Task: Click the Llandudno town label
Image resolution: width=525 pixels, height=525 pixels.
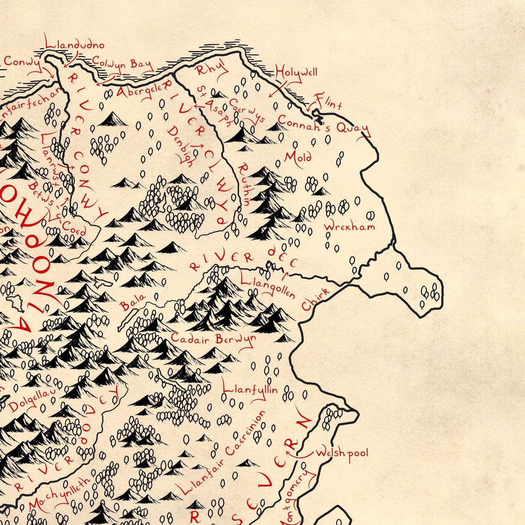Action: click(x=75, y=45)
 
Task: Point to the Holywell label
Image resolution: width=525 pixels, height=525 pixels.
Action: click(x=296, y=73)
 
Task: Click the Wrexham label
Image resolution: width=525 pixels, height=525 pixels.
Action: click(x=349, y=227)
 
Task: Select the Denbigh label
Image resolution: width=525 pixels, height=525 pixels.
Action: click(x=180, y=146)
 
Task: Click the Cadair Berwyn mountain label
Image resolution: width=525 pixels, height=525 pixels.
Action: click(x=213, y=339)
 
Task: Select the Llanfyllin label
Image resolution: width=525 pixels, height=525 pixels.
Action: click(x=250, y=389)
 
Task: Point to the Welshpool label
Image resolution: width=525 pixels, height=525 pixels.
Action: click(x=342, y=453)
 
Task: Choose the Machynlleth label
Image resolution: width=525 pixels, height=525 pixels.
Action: click(x=59, y=494)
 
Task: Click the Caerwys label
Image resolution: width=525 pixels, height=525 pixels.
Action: click(x=247, y=111)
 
